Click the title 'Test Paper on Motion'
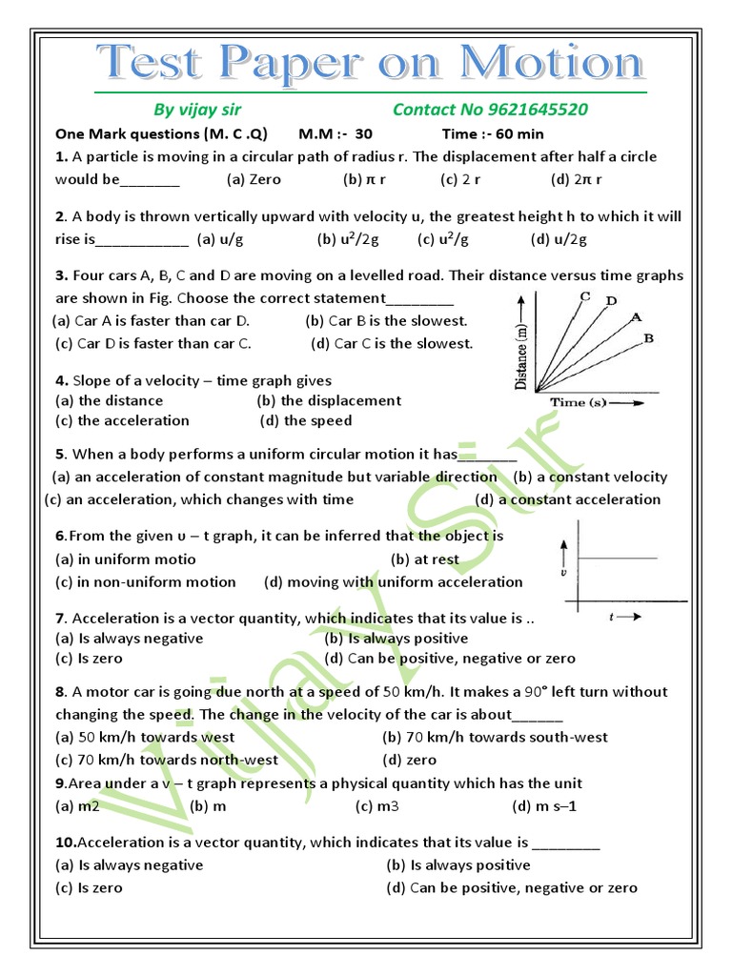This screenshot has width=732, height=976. click(372, 65)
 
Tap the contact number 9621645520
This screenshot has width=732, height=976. click(503, 110)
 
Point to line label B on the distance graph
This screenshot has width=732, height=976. click(648, 337)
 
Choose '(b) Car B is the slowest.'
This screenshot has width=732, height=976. click(386, 321)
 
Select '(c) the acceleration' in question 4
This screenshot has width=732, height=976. click(122, 420)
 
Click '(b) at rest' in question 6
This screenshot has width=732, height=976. click(424, 559)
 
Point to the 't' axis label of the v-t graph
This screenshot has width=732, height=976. click(611, 618)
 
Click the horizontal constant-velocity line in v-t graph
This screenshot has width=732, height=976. click(619, 556)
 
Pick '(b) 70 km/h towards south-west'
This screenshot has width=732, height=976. click(495, 737)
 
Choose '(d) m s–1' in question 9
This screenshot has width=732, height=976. click(545, 806)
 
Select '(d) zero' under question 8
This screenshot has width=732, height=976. click(409, 760)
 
